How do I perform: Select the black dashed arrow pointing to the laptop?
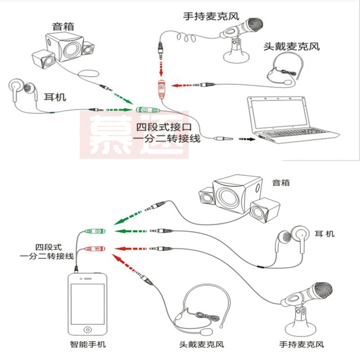tap(247, 139)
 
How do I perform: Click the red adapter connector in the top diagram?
tap(161, 87)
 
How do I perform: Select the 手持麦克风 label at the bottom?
tap(302, 345)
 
